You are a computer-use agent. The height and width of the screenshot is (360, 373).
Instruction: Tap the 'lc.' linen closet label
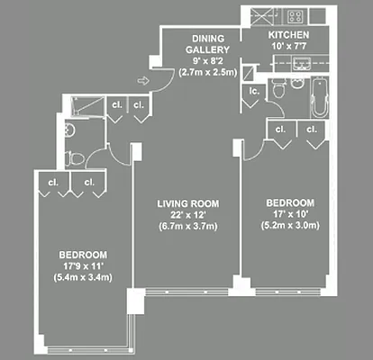(x=255, y=92)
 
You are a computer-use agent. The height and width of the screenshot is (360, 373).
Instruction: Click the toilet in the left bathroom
(x=76, y=159)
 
